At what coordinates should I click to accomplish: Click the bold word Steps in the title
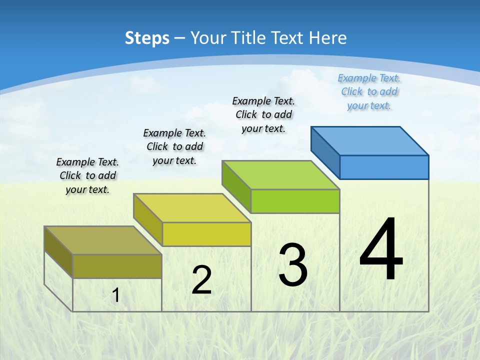(147, 38)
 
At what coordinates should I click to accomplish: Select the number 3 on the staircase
(293, 265)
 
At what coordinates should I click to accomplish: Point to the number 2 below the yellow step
(201, 280)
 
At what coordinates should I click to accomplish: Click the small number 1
(116, 295)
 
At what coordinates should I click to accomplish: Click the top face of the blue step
(370, 140)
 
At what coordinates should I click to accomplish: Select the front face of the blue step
(384, 167)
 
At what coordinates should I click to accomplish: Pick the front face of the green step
(295, 201)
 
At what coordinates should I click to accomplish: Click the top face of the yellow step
(192, 208)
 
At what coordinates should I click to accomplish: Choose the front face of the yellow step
(206, 234)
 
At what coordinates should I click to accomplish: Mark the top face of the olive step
(103, 240)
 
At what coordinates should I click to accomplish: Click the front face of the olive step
(117, 266)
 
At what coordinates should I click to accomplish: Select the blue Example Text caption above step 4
(369, 91)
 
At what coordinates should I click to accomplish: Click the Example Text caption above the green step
(263, 114)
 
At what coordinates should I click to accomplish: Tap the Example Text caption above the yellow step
(174, 146)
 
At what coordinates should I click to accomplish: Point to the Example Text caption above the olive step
(87, 175)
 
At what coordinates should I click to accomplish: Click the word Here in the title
(327, 38)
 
